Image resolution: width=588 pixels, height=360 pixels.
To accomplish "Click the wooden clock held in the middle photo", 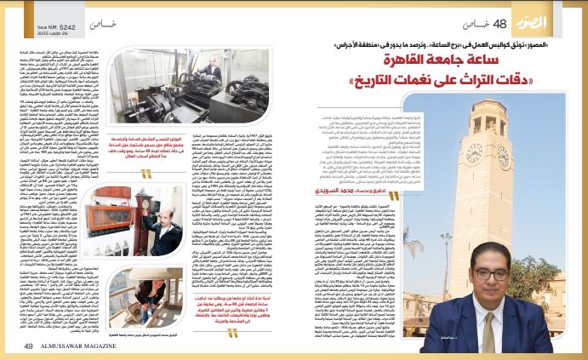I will pos(157,221).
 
